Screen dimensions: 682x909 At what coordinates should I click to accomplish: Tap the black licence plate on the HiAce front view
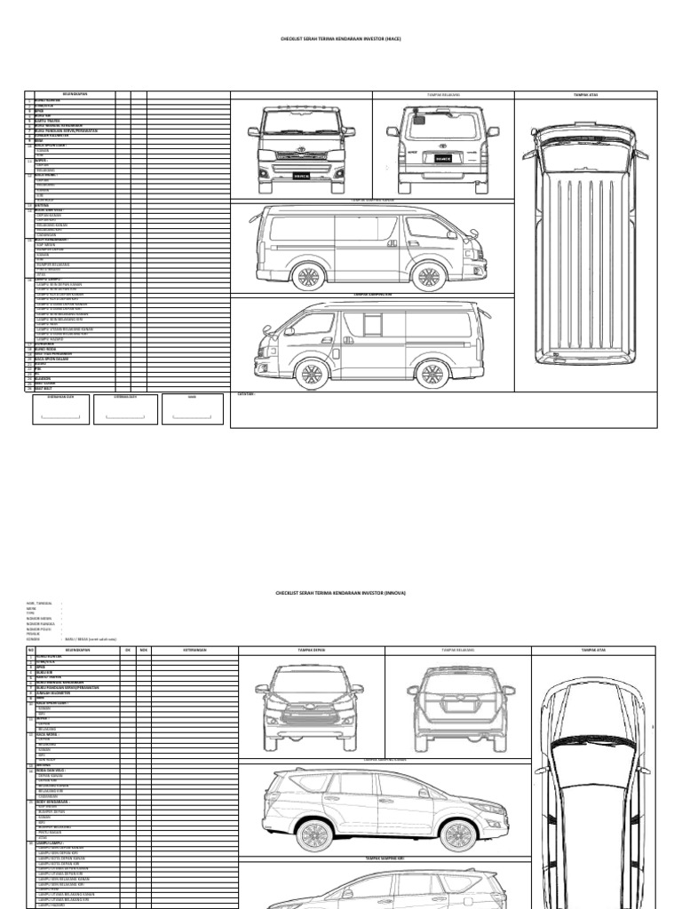click(x=301, y=176)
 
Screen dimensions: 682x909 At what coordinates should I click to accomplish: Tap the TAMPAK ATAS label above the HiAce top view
click(x=585, y=94)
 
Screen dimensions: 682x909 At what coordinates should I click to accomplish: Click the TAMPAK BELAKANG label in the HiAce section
click(x=443, y=94)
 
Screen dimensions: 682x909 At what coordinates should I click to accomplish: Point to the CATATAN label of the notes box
click(x=246, y=393)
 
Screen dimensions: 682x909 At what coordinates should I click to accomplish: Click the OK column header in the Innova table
click(x=128, y=650)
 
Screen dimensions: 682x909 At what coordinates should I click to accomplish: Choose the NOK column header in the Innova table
click(x=143, y=650)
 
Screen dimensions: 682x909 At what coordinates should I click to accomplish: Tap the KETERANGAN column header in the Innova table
click(x=193, y=650)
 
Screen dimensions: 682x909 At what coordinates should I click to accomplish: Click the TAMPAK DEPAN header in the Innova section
click(x=311, y=650)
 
